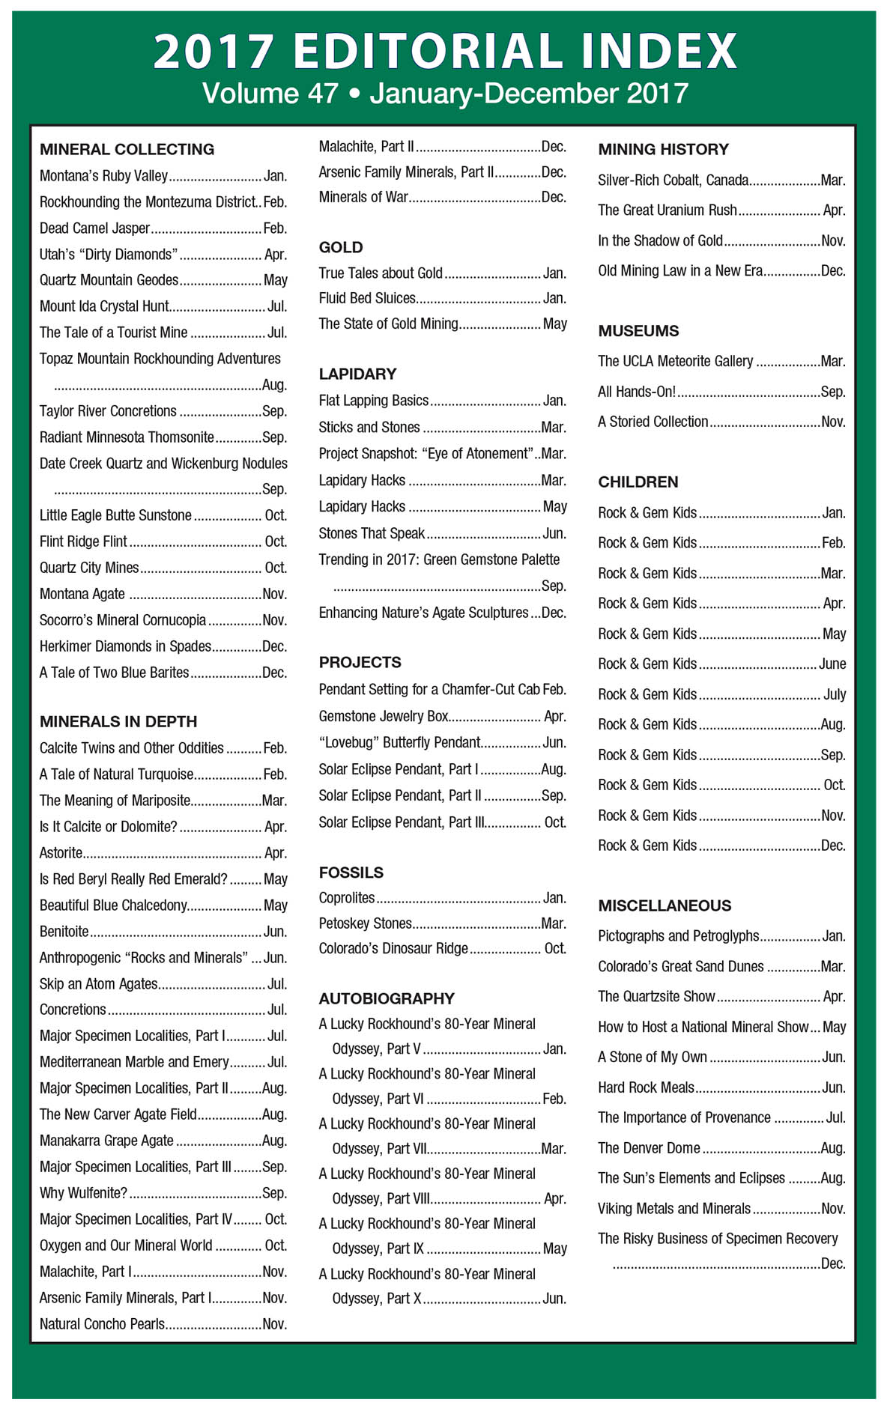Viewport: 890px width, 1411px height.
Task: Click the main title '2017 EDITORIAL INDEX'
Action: [x=445, y=51]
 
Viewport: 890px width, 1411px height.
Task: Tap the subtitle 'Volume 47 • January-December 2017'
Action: [x=445, y=94]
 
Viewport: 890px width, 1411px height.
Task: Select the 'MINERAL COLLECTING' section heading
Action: [x=127, y=149]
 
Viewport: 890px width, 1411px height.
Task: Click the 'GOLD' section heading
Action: [x=340, y=247]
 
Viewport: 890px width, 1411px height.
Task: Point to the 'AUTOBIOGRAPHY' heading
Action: [x=387, y=998]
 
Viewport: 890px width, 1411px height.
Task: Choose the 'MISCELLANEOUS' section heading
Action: [x=665, y=905]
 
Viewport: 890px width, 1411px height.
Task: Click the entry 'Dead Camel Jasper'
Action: [x=95, y=228]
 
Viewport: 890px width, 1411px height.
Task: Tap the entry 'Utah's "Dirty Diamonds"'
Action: [x=109, y=255]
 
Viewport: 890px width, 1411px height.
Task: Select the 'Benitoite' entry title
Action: [x=64, y=932]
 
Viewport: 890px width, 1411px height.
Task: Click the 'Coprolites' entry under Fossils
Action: [x=347, y=898]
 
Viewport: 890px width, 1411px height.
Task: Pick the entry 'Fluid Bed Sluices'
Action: [x=367, y=298]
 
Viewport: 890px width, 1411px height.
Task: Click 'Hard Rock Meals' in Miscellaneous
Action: [x=646, y=1087]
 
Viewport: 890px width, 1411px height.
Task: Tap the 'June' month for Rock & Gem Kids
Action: [x=832, y=664]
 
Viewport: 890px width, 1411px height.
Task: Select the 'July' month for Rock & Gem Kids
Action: [x=835, y=694]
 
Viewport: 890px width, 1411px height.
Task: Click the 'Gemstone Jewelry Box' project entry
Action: [x=384, y=716]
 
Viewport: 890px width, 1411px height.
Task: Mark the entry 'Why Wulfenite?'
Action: [x=83, y=1193]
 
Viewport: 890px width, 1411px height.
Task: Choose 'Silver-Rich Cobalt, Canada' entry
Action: [x=673, y=180]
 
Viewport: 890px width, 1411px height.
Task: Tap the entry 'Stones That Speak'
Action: [x=372, y=533]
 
